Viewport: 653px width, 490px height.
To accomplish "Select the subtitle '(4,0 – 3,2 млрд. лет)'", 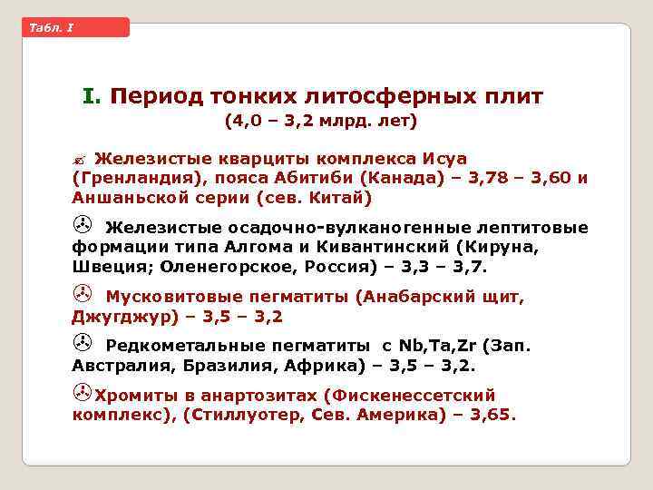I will [321, 120].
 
